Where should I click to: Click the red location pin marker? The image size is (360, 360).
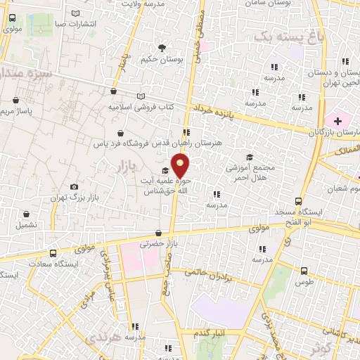pyautogui.click(x=181, y=166)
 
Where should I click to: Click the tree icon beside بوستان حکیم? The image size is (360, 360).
pyautogui.click(x=162, y=48)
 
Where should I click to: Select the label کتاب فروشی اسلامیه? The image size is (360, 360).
pyautogui.click(x=140, y=108)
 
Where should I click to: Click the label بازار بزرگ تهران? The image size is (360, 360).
pyautogui.click(x=72, y=198)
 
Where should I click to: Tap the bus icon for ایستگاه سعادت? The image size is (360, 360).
pyautogui.click(x=53, y=253)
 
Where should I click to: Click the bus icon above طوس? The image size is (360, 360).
pyautogui.click(x=304, y=270)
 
